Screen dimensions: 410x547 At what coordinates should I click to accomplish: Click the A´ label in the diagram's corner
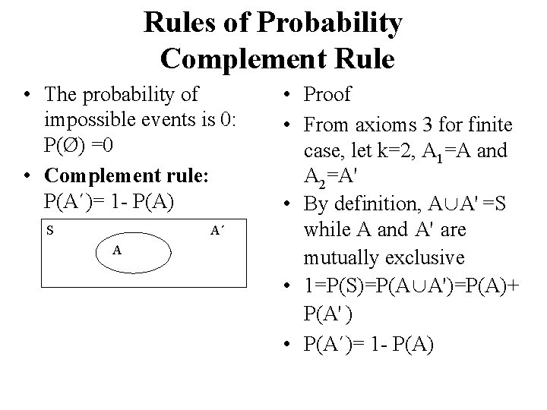click(217, 229)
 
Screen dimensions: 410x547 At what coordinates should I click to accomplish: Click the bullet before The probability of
click(28, 95)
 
